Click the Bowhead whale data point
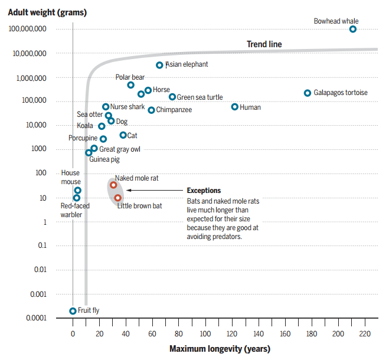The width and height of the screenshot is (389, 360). tap(353, 29)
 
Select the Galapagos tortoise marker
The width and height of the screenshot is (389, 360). tap(308, 93)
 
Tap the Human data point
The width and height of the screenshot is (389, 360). tap(235, 107)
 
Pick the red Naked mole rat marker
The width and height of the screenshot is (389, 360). tap(113, 185)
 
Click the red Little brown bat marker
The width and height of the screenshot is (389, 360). tap(117, 198)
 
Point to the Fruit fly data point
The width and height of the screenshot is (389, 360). tap(73, 310)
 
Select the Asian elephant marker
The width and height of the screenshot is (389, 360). tap(159, 65)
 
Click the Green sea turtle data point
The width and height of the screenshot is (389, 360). tap(172, 97)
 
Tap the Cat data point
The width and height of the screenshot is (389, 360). tap(123, 135)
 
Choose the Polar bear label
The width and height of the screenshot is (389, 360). tap(130, 77)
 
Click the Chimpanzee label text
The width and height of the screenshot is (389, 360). tap(174, 110)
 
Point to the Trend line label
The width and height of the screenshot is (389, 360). tap(264, 44)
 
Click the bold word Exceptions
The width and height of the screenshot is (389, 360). tap(204, 191)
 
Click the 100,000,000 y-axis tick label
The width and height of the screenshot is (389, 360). tap(28, 29)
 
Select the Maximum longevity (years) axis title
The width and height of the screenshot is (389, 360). tap(220, 349)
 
